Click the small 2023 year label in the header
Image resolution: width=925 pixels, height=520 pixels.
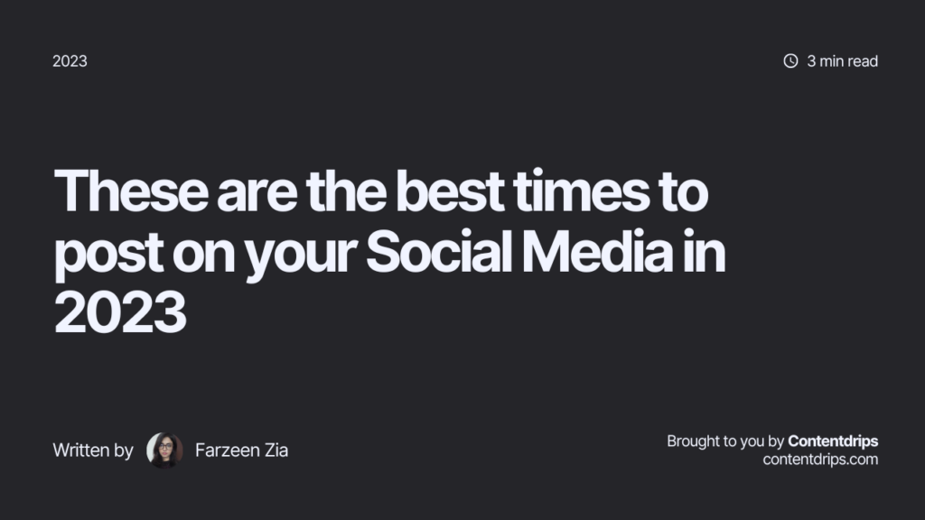click(x=70, y=61)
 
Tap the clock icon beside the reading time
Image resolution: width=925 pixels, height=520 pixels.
click(x=790, y=61)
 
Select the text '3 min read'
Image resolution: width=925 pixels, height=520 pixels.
click(x=842, y=61)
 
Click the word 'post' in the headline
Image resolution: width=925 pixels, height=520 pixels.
click(x=101, y=254)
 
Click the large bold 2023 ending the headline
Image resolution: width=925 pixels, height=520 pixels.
click(x=120, y=313)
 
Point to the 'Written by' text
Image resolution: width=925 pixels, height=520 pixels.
click(x=93, y=450)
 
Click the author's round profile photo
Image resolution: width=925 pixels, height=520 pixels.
click(x=164, y=450)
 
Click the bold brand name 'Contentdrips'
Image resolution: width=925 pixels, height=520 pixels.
click(x=833, y=441)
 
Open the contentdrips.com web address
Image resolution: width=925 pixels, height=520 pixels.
click(x=820, y=460)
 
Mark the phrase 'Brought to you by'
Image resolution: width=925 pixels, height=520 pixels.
click(x=725, y=441)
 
